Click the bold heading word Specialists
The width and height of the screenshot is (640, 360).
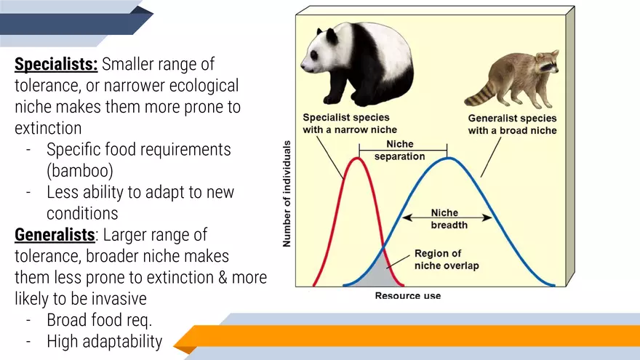point(56,65)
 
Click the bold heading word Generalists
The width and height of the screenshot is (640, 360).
point(54,235)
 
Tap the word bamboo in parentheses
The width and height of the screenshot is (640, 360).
point(81,172)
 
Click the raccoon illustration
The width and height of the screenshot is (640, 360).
point(513,79)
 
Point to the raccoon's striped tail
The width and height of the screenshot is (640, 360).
point(480,92)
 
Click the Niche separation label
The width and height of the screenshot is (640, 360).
point(399,150)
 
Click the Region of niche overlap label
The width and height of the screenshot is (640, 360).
point(447,260)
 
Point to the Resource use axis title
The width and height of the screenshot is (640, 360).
point(407,296)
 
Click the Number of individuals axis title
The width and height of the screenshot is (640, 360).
point(287,193)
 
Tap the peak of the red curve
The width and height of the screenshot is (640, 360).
point(358,158)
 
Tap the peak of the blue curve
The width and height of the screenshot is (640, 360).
point(448,158)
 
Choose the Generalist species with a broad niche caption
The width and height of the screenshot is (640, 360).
point(512,124)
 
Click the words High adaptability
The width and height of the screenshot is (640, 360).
point(104,340)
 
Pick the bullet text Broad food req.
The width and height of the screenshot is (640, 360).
point(100,319)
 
